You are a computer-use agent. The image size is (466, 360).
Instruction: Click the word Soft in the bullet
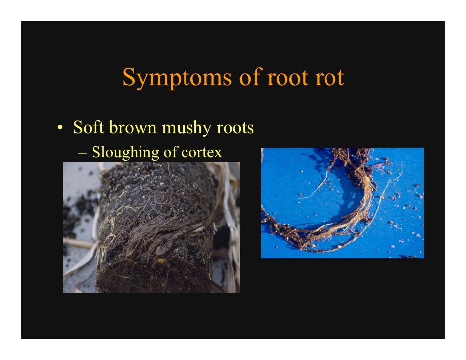pos(89,128)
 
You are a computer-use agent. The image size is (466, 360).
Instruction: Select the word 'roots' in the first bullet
pos(235,128)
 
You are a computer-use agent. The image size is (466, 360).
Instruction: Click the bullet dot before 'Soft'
pos(60,129)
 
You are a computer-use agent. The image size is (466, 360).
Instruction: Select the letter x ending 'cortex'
pos(218,153)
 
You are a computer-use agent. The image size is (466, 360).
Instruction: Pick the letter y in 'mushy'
pos(207,130)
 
